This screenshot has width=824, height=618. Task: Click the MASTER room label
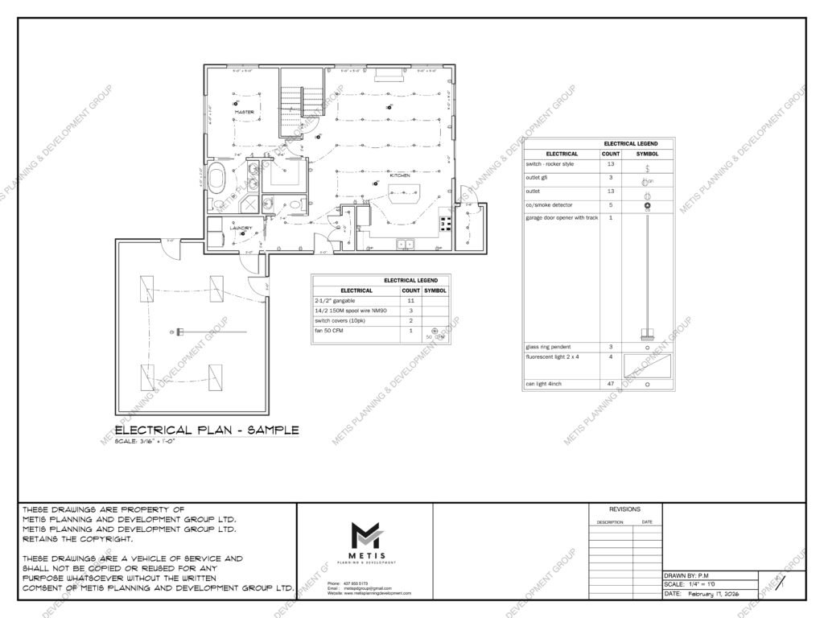click(x=245, y=112)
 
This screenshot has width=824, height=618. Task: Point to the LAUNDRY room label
click(x=241, y=228)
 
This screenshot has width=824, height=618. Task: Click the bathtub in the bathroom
click(x=216, y=178)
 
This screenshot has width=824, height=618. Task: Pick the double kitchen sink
click(x=405, y=243)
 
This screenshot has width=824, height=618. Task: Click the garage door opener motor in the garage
click(x=179, y=332)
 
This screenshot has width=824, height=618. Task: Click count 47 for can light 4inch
click(x=611, y=385)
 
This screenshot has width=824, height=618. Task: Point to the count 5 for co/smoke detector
click(x=611, y=205)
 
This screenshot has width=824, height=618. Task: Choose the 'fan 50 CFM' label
click(x=330, y=330)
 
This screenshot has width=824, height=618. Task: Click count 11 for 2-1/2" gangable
click(x=411, y=300)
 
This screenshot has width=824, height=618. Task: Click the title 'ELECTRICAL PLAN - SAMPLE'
click(x=208, y=431)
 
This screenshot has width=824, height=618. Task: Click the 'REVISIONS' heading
click(x=624, y=509)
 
